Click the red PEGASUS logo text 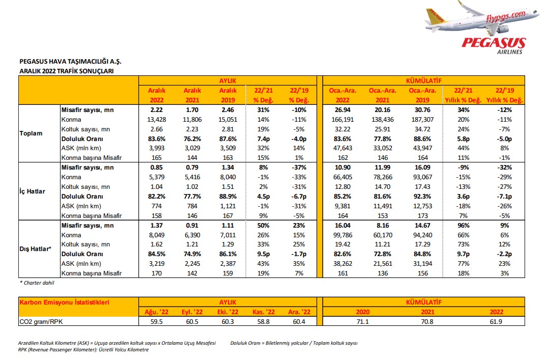tap(494, 43)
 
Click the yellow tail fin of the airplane tap(435, 16)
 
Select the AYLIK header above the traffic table tap(227, 80)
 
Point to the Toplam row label tap(31, 133)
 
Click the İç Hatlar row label tap(32, 191)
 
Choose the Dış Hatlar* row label tap(36, 249)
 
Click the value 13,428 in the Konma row tap(156, 120)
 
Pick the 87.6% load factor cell tap(227, 139)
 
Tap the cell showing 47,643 tap(342, 148)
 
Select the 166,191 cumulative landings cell tap(342, 120)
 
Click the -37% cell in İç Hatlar tap(299, 168)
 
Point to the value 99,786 tap(342, 235)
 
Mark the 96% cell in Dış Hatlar tap(463, 225)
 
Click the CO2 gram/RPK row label tap(41, 321)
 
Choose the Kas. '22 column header tap(263, 312)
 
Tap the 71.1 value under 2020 tap(362, 321)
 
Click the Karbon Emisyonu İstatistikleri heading tap(65, 302)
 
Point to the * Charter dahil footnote tap(37, 283)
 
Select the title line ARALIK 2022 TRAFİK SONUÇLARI tap(67, 71)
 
